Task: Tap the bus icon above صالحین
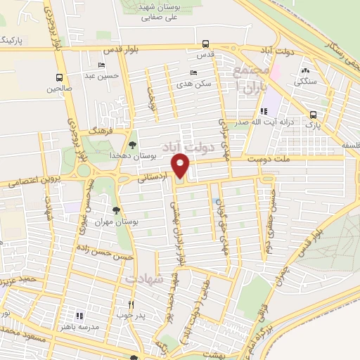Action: tap(58, 78)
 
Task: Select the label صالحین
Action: tap(59, 89)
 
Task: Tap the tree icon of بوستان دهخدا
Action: tap(132, 144)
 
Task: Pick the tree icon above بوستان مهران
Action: tap(117, 210)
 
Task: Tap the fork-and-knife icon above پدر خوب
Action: tap(131, 305)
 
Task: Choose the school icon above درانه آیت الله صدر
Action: tap(264, 111)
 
